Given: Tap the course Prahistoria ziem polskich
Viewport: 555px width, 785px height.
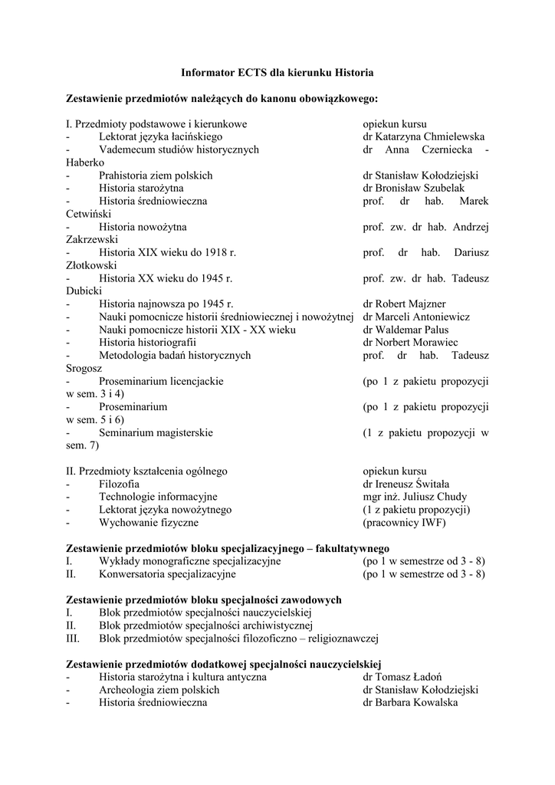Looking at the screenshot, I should (x=156, y=176).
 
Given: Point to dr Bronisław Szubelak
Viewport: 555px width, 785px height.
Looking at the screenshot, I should (x=425, y=188).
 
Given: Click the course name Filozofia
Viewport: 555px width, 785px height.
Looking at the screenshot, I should (x=119, y=484).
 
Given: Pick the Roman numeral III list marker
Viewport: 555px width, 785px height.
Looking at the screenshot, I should (x=74, y=638).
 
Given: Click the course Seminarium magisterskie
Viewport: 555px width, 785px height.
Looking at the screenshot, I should (x=156, y=432).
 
